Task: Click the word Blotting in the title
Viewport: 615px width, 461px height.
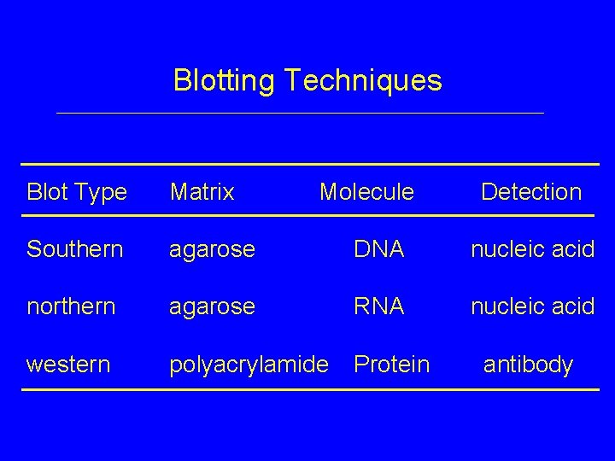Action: coord(225,81)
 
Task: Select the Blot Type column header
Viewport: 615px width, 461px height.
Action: coord(77,192)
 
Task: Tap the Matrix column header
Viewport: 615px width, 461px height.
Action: coord(202,192)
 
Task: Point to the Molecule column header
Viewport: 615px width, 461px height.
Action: coord(366,192)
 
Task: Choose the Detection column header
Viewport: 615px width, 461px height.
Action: coord(530,192)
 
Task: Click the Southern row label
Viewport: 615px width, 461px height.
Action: coord(74,249)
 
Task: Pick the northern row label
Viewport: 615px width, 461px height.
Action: coord(71,306)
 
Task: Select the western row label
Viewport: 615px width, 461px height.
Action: coord(68,365)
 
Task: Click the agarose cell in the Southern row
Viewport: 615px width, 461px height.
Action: coord(212,250)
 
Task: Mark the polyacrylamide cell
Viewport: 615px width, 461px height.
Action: coord(249,365)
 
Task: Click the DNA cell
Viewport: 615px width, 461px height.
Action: coord(379,249)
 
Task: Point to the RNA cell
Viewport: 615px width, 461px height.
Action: coord(379,306)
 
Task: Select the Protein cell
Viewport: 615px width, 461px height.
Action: coord(391,365)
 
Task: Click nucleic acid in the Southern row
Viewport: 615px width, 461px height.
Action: coord(532,249)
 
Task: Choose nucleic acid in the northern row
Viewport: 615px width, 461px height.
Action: coord(532,306)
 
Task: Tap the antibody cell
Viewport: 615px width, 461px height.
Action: coord(528,365)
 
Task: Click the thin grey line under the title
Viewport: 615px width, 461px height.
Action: coord(299,114)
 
